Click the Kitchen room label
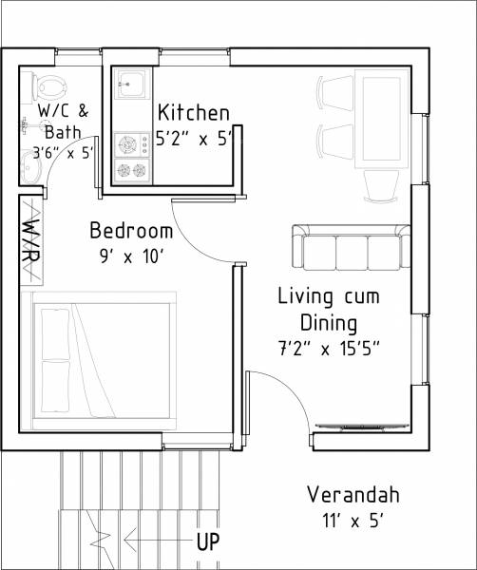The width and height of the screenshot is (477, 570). pyautogui.click(x=194, y=111)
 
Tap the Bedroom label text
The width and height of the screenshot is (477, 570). pyautogui.click(x=131, y=231)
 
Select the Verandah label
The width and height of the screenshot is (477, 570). pyautogui.click(x=353, y=495)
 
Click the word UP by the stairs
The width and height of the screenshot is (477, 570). pyautogui.click(x=209, y=542)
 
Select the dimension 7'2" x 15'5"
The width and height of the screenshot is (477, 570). pyautogui.click(x=328, y=348)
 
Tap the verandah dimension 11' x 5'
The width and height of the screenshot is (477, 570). pyautogui.click(x=353, y=520)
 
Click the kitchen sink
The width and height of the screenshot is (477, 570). pyautogui.click(x=131, y=86)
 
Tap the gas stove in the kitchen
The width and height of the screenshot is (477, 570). pyautogui.click(x=132, y=158)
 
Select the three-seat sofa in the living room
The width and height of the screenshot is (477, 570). pyautogui.click(x=351, y=246)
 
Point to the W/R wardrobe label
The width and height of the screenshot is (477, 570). pyautogui.click(x=30, y=240)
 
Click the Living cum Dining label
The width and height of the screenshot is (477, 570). pyautogui.click(x=328, y=308)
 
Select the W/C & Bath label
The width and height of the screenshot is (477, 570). pyautogui.click(x=63, y=122)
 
